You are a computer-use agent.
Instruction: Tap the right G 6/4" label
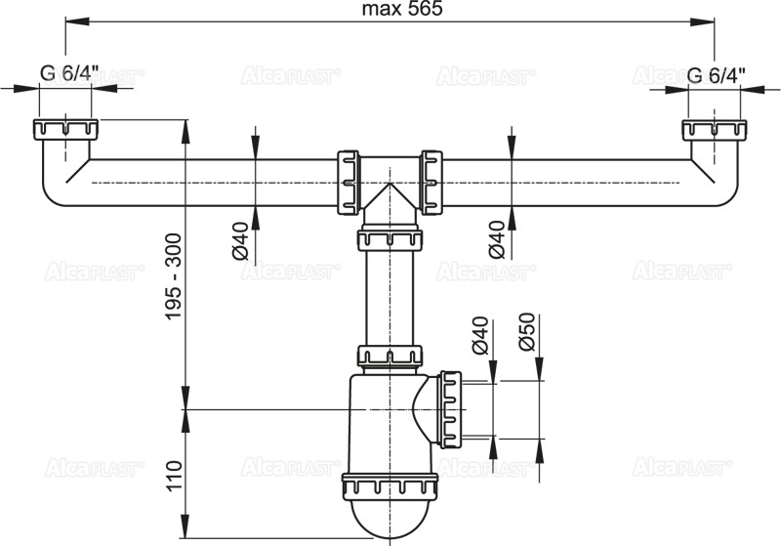pos(716,74)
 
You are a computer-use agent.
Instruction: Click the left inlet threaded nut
pos(64,129)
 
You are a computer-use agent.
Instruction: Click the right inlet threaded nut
pos(714,129)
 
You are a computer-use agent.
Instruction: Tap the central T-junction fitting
pos(390,186)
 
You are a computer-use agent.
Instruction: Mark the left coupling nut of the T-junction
pos(347,182)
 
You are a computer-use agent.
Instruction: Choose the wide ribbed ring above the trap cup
pos(390,486)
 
